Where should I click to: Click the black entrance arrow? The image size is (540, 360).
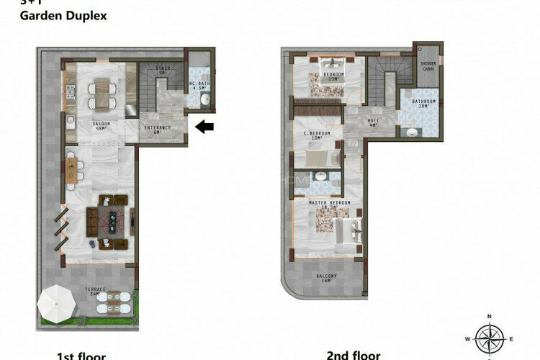coord(205,127)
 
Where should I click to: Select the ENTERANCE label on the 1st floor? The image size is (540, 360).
coord(158,130)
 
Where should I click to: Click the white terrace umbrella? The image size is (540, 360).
coord(57,303)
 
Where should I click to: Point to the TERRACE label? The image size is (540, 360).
coord(96,291)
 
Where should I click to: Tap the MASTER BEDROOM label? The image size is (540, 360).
coord(329,204)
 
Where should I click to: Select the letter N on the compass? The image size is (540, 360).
coord(489,317)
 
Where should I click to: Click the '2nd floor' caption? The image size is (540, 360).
coord(353,355)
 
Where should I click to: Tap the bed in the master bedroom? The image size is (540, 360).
coord(343,231)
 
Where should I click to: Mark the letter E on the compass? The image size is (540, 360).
coord(511,338)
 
